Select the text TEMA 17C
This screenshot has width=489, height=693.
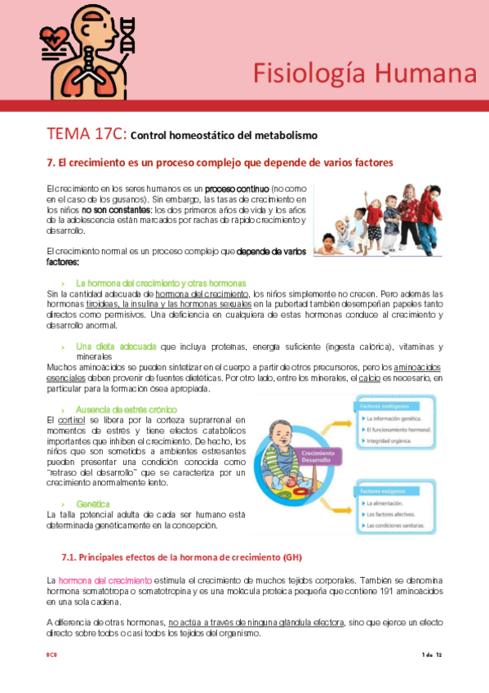tap(86, 133)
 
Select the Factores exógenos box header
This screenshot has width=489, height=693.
tap(380, 492)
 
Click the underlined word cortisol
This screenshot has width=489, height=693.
tap(69, 419)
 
